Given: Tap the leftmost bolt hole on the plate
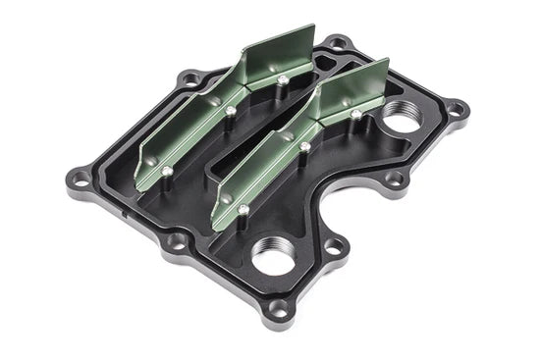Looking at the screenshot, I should point(83,180).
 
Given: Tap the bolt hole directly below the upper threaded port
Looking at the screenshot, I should point(395,179).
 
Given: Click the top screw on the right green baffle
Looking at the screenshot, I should point(356,114).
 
